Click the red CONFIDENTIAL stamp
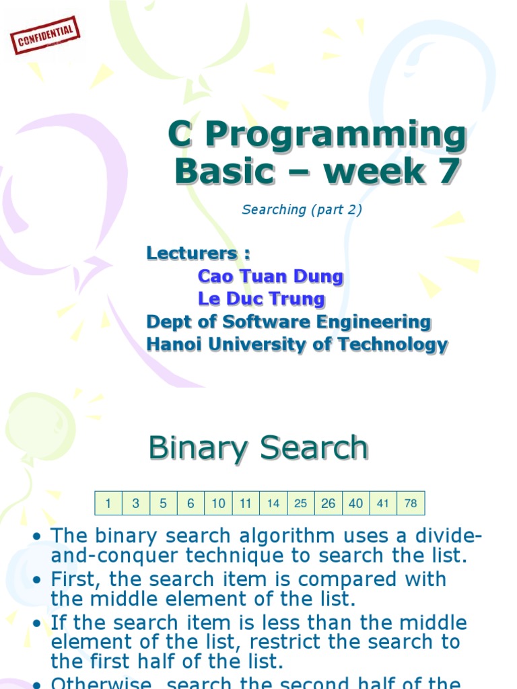(44, 36)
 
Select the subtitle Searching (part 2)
(302, 209)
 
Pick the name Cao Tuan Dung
(271, 276)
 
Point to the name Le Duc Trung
(261, 298)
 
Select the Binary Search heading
(258, 448)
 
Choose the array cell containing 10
(218, 503)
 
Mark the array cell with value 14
(273, 503)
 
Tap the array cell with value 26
(329, 503)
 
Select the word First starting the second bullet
(73, 579)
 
